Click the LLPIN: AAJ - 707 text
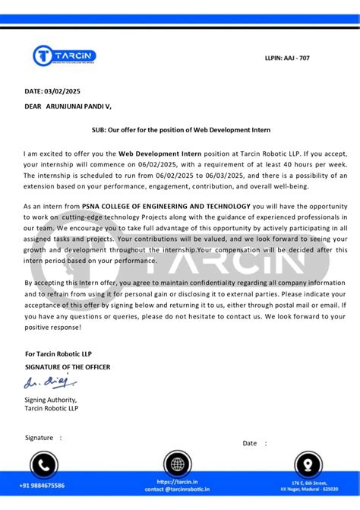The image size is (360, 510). [x=286, y=58]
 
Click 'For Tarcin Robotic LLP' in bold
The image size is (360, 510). [x=63, y=353]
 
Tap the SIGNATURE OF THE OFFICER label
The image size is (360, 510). [x=68, y=367]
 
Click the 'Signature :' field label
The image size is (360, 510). [x=44, y=438]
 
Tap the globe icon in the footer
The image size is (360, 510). [x=177, y=463]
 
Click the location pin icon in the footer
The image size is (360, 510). [x=308, y=463]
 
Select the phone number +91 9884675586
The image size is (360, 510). [x=43, y=485]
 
